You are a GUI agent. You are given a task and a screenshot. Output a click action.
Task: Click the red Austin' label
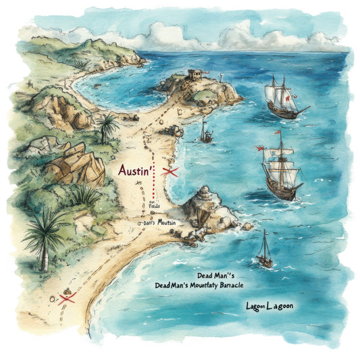point(138,171)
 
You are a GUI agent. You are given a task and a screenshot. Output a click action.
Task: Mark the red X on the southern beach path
point(66,298)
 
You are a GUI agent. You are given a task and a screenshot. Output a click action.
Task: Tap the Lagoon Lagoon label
point(269,306)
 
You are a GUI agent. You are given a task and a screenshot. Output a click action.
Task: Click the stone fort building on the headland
point(196,76)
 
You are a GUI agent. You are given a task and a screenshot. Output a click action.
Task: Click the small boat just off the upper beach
point(204,132)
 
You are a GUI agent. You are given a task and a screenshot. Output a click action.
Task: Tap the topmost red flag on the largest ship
point(277,132)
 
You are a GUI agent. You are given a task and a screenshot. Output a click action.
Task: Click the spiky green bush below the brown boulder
point(84,196)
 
